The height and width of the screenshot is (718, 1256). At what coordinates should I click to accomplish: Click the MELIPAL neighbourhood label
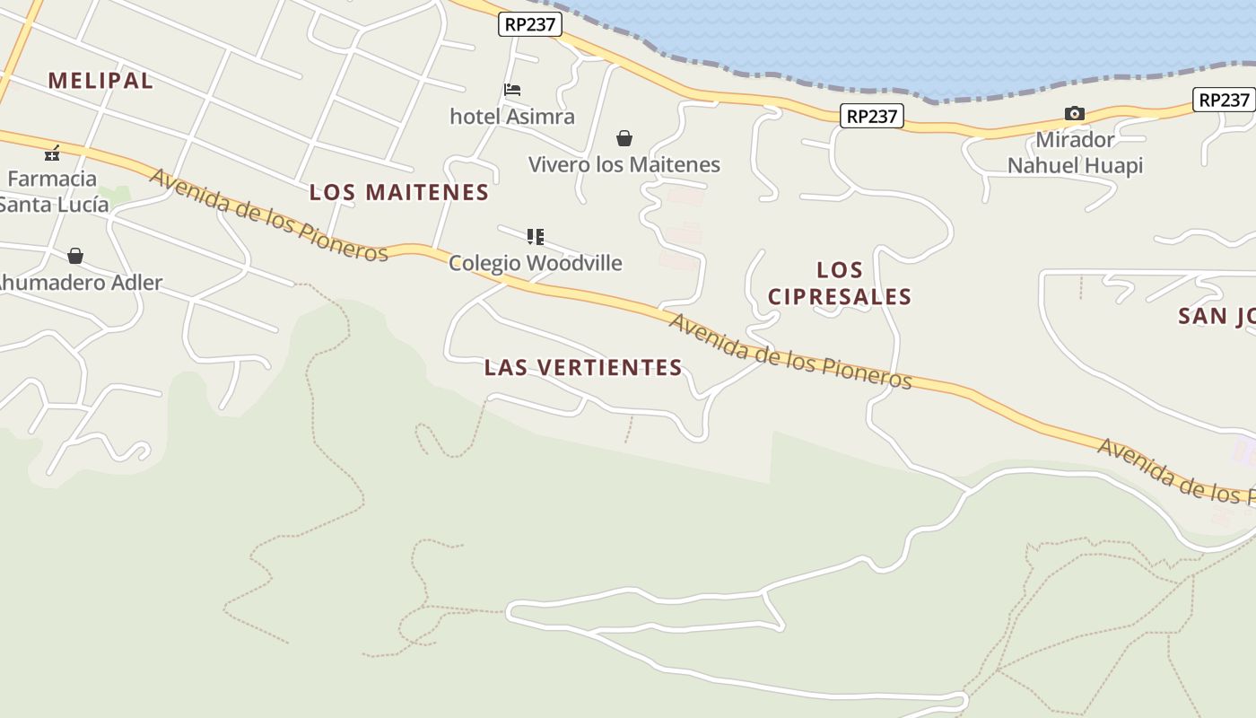tap(100, 80)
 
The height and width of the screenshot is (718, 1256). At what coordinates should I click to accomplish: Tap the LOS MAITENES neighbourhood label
tap(399, 192)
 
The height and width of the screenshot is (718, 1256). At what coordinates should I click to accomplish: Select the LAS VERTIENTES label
tap(583, 367)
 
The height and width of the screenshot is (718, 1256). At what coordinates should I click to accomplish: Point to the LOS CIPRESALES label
tap(840, 283)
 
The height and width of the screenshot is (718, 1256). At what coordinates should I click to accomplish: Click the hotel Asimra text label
tap(512, 117)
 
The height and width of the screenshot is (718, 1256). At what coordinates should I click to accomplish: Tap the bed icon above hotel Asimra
tap(512, 90)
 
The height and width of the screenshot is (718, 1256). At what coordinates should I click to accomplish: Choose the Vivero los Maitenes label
tap(624, 165)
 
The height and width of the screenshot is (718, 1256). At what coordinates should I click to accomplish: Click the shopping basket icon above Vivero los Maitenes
tap(624, 138)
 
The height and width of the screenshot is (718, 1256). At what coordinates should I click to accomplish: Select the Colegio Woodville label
tap(536, 263)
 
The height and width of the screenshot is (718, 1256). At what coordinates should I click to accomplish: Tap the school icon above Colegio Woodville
tap(536, 237)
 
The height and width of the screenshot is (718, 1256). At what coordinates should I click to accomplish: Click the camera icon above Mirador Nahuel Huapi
tap(1074, 113)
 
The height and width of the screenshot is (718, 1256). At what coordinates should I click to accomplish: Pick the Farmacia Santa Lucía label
tap(54, 191)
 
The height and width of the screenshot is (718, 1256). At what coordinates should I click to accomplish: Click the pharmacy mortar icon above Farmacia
tap(53, 153)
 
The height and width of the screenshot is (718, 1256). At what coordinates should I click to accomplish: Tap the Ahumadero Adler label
tap(79, 283)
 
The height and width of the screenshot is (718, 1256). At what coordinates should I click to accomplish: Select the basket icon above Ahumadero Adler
tap(75, 257)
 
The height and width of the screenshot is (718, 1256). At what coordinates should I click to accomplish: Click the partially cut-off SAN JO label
tap(1217, 316)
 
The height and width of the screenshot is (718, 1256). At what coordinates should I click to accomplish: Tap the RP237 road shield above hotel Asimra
tap(530, 24)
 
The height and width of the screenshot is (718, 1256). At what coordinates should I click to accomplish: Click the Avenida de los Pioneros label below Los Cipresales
tap(790, 352)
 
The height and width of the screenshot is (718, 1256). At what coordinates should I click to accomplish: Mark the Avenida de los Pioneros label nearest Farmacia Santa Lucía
tap(268, 215)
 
